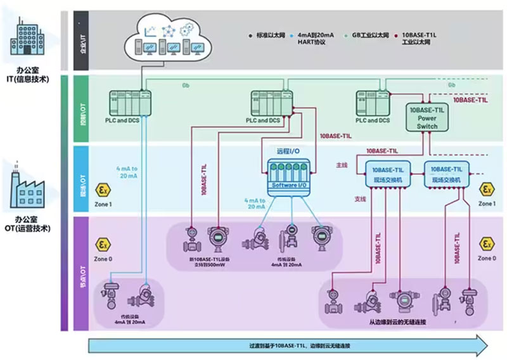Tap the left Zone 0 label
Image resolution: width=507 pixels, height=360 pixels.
point(102,259)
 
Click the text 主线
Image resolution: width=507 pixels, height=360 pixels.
point(342,165)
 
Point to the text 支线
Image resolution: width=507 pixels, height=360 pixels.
point(342,198)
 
